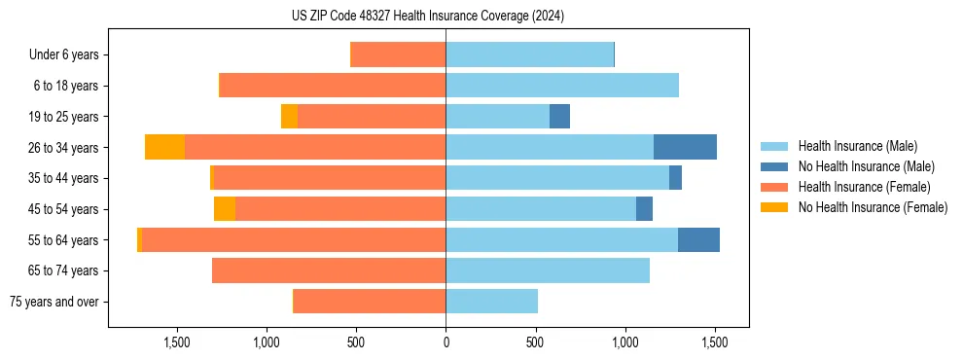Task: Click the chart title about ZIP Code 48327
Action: click(428, 16)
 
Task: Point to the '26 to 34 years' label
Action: click(65, 148)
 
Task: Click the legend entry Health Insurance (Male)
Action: click(856, 146)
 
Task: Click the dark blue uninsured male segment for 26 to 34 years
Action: click(685, 147)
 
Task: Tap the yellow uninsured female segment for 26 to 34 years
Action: click(164, 147)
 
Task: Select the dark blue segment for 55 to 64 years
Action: click(698, 239)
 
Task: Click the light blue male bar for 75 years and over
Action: click(491, 302)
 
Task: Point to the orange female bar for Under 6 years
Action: click(398, 55)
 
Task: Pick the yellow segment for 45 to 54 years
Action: click(225, 209)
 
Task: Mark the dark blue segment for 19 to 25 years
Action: click(559, 117)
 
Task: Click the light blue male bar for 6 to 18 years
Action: click(562, 86)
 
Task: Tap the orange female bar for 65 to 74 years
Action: click(329, 270)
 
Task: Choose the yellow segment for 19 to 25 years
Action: click(289, 117)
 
